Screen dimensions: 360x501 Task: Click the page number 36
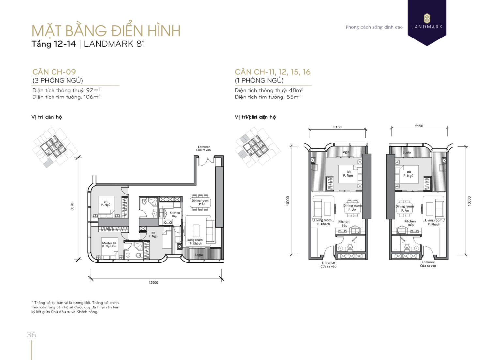pyautogui.click(x=31, y=335)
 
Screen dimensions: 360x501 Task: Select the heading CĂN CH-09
pyautogui.click(x=54, y=72)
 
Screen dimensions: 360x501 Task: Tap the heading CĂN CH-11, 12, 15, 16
pyautogui.click(x=272, y=72)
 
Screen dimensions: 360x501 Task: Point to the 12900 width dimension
pyautogui.click(x=153, y=282)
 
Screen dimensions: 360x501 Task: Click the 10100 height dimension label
pyautogui.click(x=72, y=206)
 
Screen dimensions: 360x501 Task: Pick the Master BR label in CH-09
pyautogui.click(x=109, y=245)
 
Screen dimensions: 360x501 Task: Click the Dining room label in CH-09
pyautogui.click(x=200, y=202)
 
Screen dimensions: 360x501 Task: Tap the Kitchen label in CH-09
pyautogui.click(x=175, y=214)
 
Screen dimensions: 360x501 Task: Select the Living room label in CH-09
pyautogui.click(x=195, y=242)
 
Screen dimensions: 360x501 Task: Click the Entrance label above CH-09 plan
pyautogui.click(x=204, y=148)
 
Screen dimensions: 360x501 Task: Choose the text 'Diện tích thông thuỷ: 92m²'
pyautogui.click(x=66, y=90)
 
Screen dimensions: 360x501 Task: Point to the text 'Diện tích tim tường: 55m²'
pyautogui.click(x=267, y=97)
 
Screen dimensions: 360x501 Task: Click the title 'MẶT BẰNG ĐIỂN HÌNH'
pyautogui.click(x=106, y=31)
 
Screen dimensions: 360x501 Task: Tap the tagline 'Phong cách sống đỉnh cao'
pyautogui.click(x=374, y=27)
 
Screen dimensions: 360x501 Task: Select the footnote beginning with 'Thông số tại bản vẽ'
pyautogui.click(x=75, y=307)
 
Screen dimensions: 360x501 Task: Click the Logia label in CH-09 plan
pyautogui.click(x=199, y=255)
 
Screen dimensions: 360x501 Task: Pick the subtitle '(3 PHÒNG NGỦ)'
pyautogui.click(x=57, y=80)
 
